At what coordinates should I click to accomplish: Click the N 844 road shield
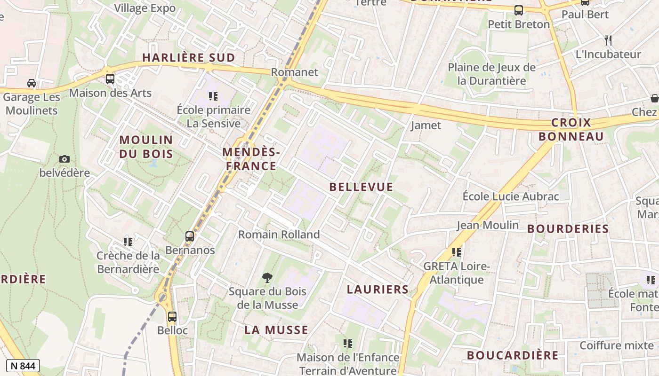23,366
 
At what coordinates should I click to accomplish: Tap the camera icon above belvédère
64,159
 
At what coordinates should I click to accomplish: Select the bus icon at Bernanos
190,236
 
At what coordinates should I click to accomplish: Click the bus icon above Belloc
172,316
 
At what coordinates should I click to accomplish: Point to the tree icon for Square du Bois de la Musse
267,278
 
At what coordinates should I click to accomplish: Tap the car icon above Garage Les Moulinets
32,83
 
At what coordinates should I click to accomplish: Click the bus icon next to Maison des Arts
110,79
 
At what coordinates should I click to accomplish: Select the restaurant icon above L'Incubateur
608,40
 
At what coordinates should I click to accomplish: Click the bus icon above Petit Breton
519,10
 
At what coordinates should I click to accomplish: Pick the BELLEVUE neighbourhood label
361,187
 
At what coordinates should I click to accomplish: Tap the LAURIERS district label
378,289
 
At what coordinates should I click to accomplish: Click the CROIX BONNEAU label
571,130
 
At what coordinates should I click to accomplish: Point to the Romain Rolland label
279,234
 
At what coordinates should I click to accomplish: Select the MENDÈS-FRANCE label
251,159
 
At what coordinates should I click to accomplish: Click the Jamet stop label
426,125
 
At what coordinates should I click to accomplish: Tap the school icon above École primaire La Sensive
213,96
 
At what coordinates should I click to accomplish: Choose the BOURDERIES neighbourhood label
568,229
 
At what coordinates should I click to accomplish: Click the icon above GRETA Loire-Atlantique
456,252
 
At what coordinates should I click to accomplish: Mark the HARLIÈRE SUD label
188,58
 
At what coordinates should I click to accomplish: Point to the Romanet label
295,72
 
